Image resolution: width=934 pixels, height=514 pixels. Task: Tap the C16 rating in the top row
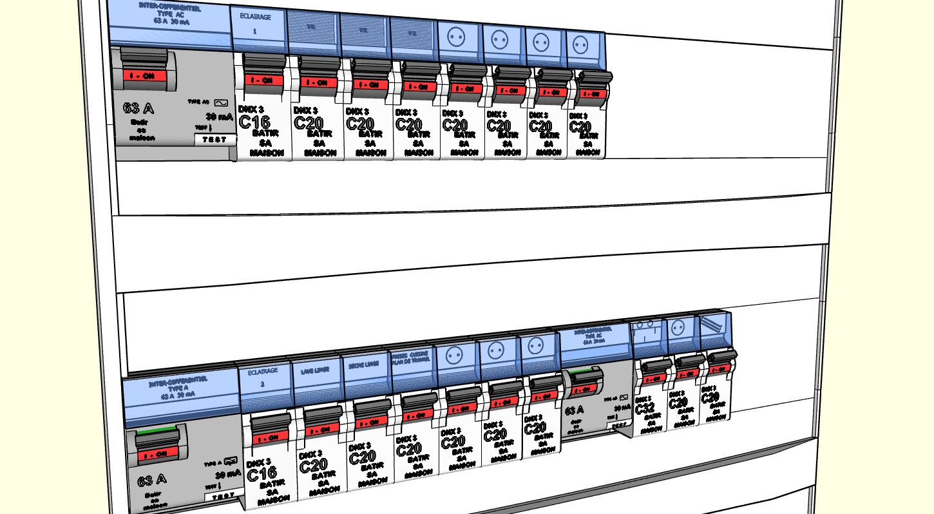[254, 122]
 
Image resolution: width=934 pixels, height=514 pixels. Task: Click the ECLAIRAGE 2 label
[262, 377]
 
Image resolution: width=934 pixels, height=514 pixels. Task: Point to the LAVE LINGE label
[314, 372]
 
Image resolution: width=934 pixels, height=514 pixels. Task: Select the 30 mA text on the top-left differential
[218, 117]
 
